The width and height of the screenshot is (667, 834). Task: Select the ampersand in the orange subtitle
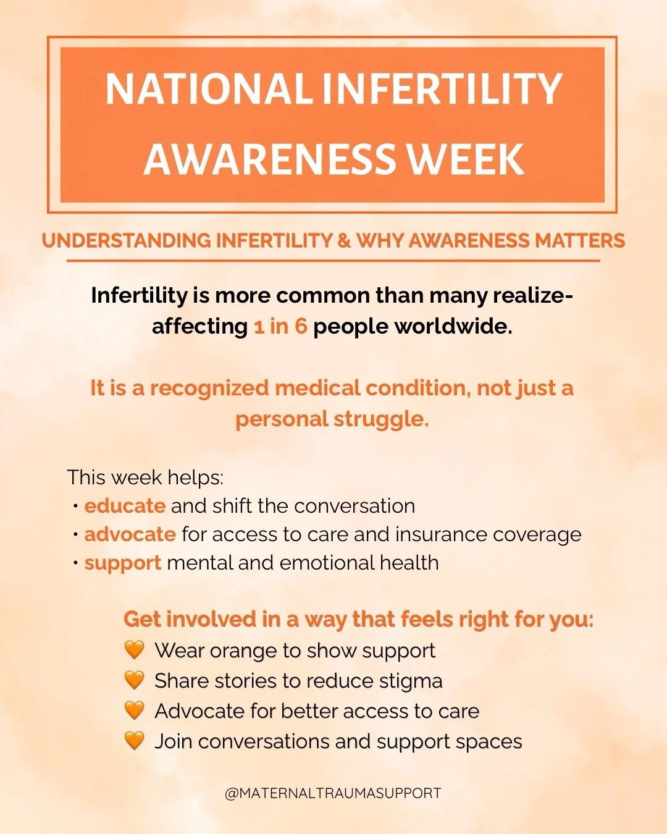coord(344,240)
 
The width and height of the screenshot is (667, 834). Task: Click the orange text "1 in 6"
coord(280,326)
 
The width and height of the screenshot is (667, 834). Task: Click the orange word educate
coord(125,506)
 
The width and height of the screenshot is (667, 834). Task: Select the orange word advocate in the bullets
coord(130,534)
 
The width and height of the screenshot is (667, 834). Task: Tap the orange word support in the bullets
coord(122,563)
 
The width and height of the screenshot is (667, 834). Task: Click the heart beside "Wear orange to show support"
coord(134,650)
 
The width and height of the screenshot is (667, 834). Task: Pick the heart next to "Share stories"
coord(134,680)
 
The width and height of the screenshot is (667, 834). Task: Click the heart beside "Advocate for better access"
coord(134,710)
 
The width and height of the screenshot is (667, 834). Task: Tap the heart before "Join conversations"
coord(134,740)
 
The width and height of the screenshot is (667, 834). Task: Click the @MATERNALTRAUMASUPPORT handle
coord(333,793)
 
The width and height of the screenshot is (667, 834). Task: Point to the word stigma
coord(411,681)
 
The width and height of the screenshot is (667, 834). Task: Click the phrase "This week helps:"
coord(145,478)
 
